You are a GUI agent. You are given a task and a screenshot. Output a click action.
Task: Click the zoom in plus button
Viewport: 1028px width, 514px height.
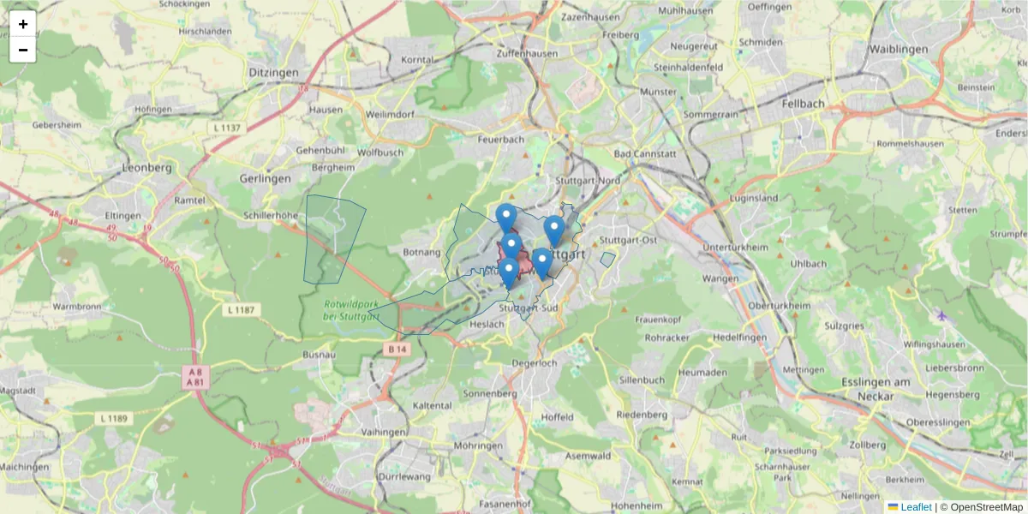(23, 24)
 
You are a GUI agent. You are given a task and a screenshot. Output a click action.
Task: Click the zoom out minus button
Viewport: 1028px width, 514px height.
(23, 50)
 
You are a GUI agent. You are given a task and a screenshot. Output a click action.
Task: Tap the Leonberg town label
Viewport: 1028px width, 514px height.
(147, 168)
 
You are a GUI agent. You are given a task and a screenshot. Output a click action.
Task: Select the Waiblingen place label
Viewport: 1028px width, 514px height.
(898, 50)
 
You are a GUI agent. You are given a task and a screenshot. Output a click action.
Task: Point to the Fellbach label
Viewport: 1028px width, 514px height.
(803, 104)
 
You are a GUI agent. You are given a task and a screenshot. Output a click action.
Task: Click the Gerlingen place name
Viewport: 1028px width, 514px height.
(266, 178)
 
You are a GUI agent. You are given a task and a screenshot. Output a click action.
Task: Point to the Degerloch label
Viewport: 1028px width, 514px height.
(534, 363)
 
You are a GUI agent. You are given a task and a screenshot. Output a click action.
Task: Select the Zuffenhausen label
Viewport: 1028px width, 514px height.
(527, 53)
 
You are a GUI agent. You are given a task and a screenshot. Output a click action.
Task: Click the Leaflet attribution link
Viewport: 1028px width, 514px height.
(915, 507)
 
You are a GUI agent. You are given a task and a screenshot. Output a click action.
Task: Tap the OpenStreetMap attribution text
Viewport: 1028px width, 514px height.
(987, 507)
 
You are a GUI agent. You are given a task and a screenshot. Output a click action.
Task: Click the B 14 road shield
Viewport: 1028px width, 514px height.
(397, 350)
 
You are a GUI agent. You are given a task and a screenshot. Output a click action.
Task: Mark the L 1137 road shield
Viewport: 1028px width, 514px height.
(226, 128)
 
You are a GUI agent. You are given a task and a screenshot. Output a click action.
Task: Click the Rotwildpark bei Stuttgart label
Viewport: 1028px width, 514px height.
(351, 310)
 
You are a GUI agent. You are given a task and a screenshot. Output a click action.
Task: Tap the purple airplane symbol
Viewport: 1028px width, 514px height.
(942, 315)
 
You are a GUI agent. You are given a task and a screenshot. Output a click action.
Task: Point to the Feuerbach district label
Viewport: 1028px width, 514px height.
(501, 139)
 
